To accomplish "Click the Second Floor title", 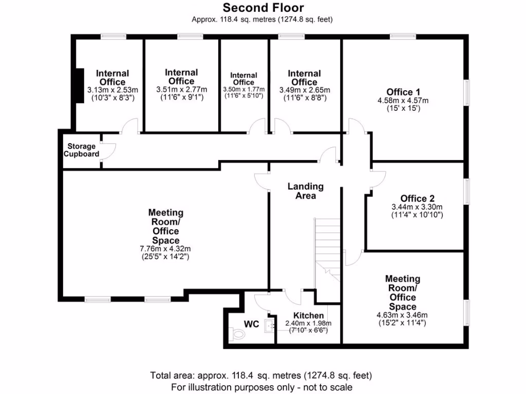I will click(262, 8).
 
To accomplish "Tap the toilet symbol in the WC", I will click(238, 334).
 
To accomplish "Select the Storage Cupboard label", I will click(81, 150).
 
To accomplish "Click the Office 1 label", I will click(402, 92).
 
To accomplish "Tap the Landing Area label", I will click(305, 191).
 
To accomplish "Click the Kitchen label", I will click(308, 315).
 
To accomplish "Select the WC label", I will click(251, 324).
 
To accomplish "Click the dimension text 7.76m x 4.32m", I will click(165, 249).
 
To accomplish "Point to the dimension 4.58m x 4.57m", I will click(402, 101).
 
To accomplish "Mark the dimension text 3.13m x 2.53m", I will click(112, 90).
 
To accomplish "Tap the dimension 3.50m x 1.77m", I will click(243, 89).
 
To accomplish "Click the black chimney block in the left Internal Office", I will click(79, 85).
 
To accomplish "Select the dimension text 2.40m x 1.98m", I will click(308, 323).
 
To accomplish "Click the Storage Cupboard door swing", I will click(108, 150).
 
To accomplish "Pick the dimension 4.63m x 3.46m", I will click(402, 315).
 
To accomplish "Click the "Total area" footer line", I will click(261, 376).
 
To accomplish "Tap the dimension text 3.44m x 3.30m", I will click(417, 207).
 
